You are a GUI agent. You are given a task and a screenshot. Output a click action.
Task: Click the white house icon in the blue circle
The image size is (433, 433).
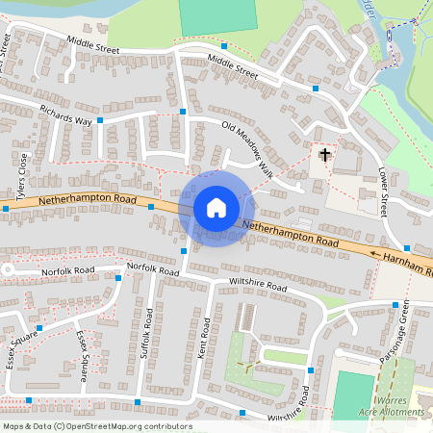[216, 208]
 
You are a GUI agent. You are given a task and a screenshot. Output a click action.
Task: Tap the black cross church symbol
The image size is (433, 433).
[324, 154]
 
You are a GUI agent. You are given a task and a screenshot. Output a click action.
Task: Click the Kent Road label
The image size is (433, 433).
[202, 339]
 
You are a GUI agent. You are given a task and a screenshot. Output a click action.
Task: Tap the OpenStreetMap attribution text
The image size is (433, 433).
[96, 426]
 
